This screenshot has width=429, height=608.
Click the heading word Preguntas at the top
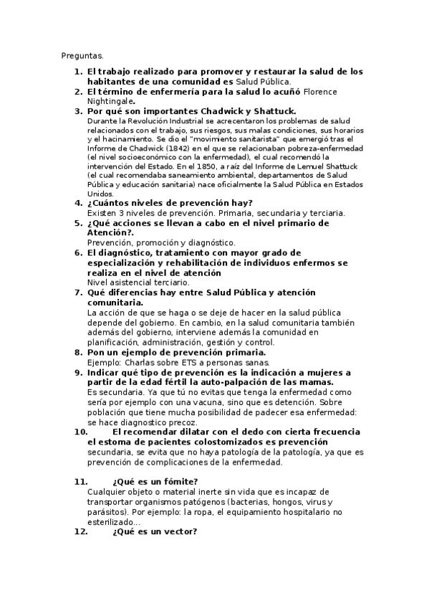(x=82, y=54)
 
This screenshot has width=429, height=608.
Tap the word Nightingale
(x=110, y=101)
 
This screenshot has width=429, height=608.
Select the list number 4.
(x=78, y=203)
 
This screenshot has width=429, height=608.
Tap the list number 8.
(x=78, y=352)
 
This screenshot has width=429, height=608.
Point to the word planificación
(x=118, y=343)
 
